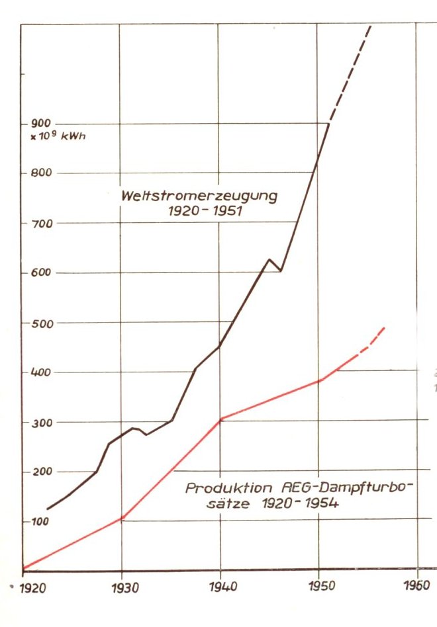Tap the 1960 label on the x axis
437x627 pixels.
coord(418,586)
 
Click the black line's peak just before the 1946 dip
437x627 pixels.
coord(269,259)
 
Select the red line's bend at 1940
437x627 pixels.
coord(220,419)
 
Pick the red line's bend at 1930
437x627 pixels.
coord(122,517)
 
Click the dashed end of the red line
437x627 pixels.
coord(372,340)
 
